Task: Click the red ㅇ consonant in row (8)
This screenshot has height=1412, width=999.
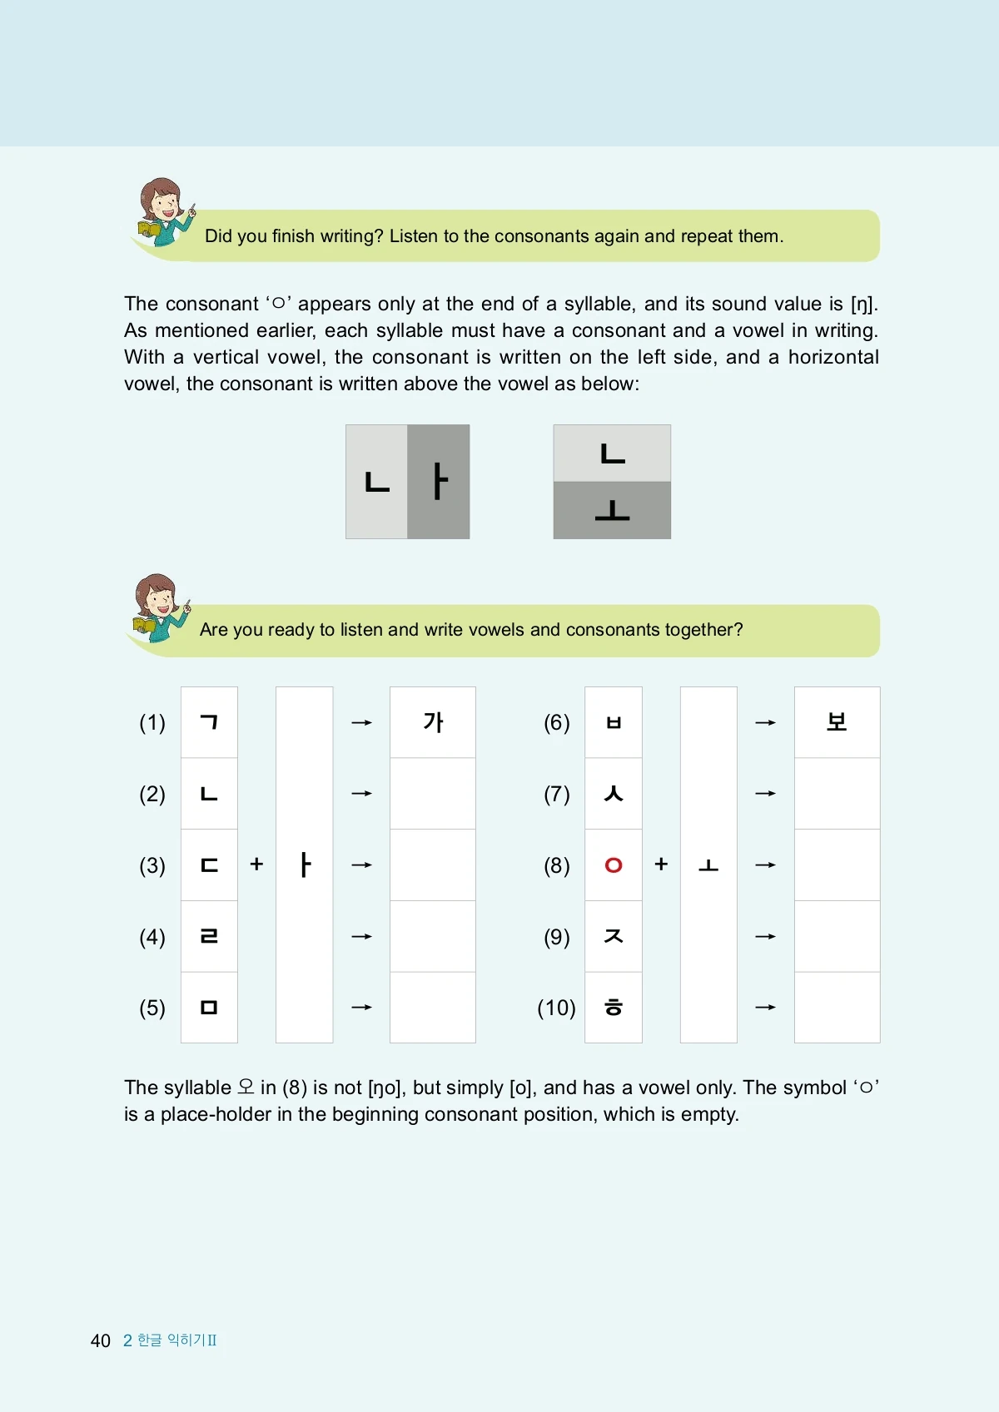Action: (x=614, y=865)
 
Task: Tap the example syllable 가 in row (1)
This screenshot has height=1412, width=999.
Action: (x=433, y=722)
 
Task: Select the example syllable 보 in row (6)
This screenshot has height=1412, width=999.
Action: (x=837, y=722)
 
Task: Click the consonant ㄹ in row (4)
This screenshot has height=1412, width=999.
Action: (x=209, y=936)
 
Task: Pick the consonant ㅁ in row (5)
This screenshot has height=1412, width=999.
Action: (x=209, y=1008)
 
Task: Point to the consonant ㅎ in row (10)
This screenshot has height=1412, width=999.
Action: (x=614, y=1008)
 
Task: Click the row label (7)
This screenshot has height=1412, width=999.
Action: (x=557, y=794)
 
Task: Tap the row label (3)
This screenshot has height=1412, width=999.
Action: (x=152, y=865)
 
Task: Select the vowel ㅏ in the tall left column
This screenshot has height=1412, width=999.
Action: (x=305, y=865)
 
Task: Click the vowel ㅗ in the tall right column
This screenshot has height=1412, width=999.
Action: (x=708, y=865)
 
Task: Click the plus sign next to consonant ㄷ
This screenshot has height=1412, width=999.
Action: (x=256, y=865)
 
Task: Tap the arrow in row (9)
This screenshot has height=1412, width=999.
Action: (x=765, y=937)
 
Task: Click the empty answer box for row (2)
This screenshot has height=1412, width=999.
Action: (x=433, y=794)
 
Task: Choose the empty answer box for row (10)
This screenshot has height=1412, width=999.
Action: (x=837, y=1008)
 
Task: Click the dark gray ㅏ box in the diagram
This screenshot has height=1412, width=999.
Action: (x=439, y=482)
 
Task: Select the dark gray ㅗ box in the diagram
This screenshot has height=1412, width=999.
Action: (x=612, y=510)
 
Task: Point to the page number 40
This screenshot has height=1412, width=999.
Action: (x=100, y=1340)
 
